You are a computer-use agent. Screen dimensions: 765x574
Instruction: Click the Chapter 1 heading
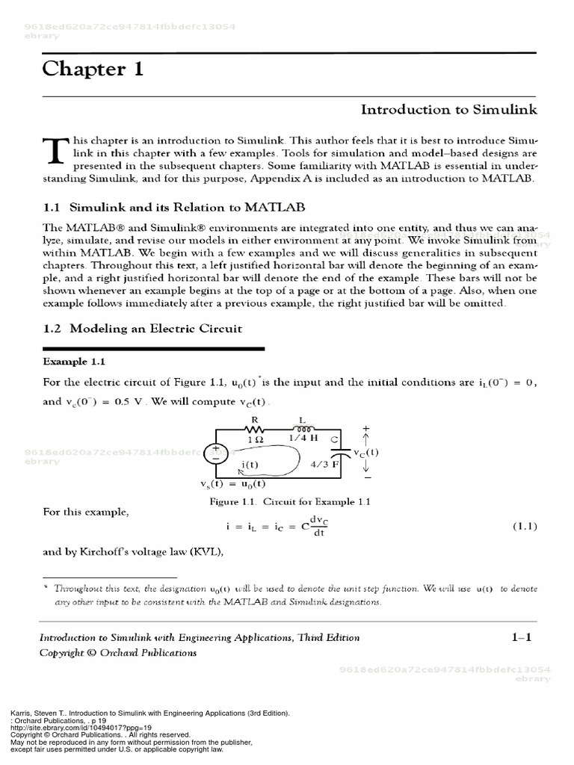click(93, 69)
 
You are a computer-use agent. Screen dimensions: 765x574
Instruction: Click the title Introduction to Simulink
click(448, 110)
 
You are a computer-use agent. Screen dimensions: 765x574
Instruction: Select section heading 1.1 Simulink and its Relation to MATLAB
click(173, 206)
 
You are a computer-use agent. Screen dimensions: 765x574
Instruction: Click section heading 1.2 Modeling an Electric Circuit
click(142, 329)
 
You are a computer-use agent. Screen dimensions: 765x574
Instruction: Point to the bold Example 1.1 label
click(74, 362)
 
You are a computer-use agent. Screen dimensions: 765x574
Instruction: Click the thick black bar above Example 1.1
click(153, 348)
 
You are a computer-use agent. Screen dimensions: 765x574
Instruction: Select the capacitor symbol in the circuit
click(341, 453)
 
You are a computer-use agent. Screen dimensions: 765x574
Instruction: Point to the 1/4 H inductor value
click(304, 439)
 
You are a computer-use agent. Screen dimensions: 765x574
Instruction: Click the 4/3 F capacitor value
click(324, 463)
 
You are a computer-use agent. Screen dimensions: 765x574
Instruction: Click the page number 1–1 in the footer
click(521, 637)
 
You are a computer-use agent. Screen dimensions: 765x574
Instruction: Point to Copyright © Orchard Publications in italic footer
click(118, 653)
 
